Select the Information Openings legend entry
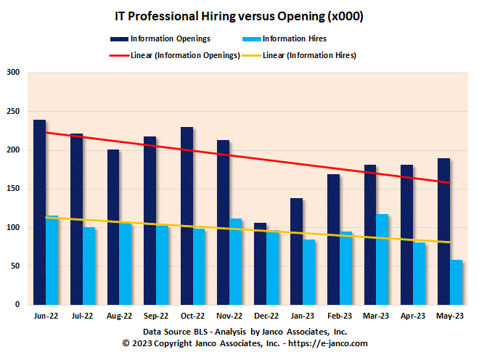click(x=161, y=39)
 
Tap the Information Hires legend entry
click(x=285, y=39)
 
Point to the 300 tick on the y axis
click(x=14, y=73)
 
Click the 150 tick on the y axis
click(x=14, y=189)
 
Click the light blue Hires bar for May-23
click(x=456, y=282)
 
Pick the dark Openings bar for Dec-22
click(x=261, y=263)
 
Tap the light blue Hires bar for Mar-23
click(x=382, y=259)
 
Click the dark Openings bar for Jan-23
click(x=297, y=251)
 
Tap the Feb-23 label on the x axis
click(x=340, y=316)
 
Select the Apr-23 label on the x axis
click(x=413, y=316)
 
